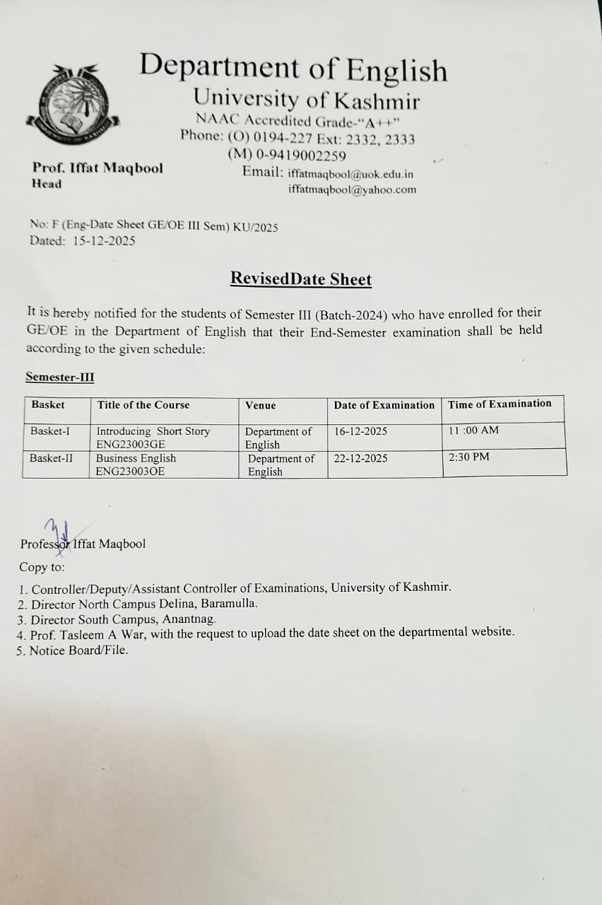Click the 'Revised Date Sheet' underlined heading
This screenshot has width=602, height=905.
(300, 279)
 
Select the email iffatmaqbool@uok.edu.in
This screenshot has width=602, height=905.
(350, 174)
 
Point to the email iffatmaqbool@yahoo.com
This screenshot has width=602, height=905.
(352, 189)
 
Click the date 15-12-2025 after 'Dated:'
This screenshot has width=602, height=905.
(105, 240)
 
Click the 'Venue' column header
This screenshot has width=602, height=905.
(261, 405)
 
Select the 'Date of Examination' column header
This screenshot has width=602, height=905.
(384, 405)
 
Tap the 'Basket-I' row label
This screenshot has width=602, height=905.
(50, 431)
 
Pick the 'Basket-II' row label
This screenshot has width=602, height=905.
(51, 458)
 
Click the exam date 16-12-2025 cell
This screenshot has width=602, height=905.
(360, 431)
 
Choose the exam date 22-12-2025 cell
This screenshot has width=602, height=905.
(360, 458)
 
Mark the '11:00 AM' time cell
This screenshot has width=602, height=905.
(473, 430)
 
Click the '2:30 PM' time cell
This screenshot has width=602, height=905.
(468, 457)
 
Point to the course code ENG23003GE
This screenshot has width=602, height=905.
(131, 445)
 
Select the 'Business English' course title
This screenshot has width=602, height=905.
(136, 458)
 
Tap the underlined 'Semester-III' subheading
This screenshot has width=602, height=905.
(59, 377)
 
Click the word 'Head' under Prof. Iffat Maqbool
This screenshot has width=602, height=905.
(47, 184)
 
